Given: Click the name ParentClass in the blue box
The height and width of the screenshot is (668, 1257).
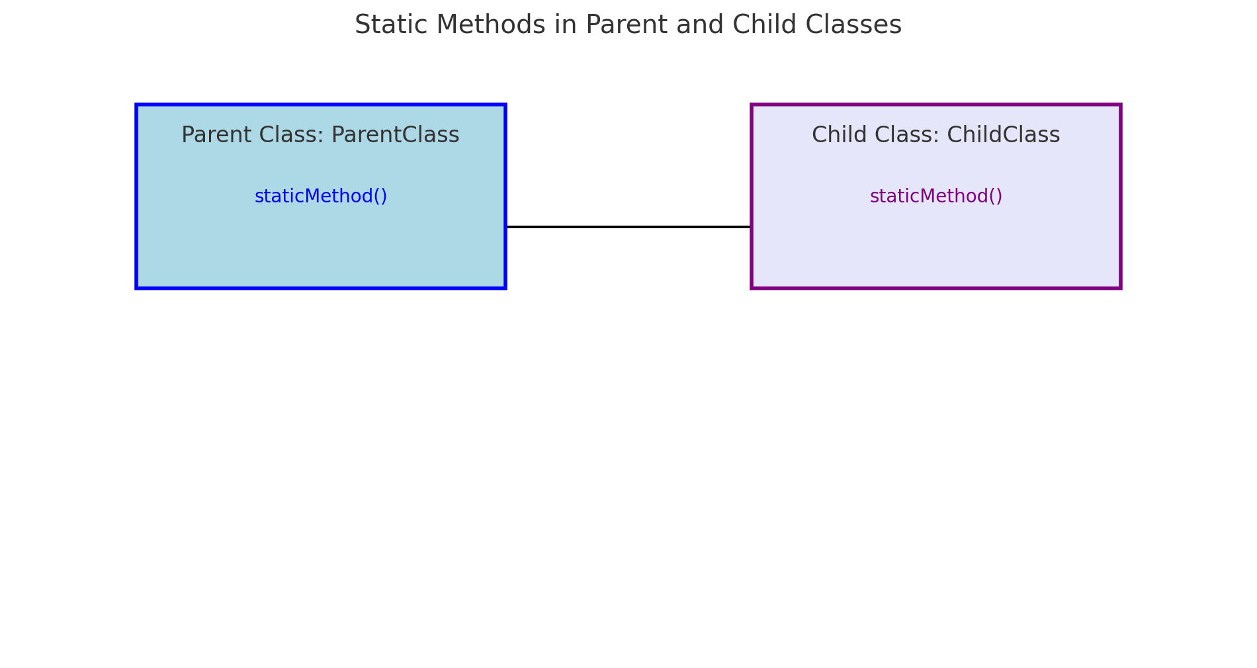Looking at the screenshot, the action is pos(395,135).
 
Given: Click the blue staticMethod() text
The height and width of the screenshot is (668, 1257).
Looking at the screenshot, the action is pos(321,196).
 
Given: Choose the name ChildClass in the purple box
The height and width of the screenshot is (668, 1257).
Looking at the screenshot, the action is pos(1004,135).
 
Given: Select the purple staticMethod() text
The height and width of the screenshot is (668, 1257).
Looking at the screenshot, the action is pos(936,196).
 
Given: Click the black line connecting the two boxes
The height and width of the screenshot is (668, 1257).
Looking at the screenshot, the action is pos(628,227).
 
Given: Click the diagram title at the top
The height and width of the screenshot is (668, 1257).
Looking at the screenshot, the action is pos(628,25).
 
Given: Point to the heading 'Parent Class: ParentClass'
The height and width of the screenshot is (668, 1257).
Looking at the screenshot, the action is pos(321,135).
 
